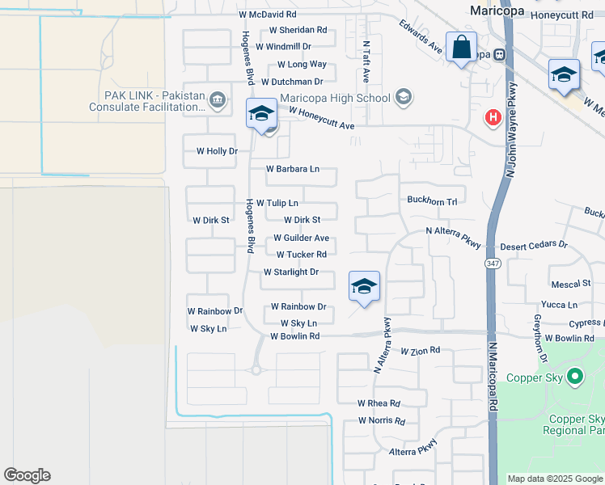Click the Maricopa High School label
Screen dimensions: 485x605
coord(335,99)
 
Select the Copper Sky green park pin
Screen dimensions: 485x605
coord(575,376)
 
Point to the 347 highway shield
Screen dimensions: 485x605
coord(492,264)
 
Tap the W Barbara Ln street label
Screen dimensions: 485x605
coord(293,169)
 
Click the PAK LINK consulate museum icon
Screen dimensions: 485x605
coord(217,100)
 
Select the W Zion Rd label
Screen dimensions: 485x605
coord(421,351)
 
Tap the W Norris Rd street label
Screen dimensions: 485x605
coord(382,420)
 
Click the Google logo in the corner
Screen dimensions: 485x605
coord(27,475)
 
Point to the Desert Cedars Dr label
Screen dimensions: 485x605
coord(534,245)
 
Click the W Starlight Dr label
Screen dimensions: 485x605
coord(291,272)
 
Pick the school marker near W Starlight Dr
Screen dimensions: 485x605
coord(365,286)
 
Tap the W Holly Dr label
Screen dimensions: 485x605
coord(218,151)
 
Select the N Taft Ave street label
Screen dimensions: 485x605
coord(366,63)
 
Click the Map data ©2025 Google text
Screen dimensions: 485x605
coord(554,479)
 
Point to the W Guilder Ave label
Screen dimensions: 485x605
coord(301,238)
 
